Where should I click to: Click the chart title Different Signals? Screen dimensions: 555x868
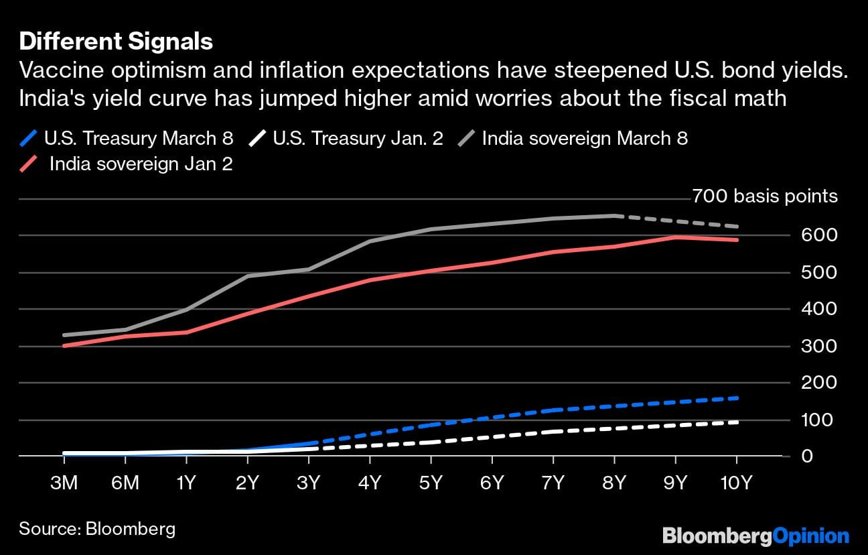[x=116, y=42]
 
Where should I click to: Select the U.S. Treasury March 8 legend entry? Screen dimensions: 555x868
[x=127, y=139]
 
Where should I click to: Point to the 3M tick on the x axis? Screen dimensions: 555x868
[x=64, y=483]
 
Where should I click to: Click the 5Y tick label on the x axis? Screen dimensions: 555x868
[x=431, y=483]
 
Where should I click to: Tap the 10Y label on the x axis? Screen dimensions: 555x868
[x=737, y=483]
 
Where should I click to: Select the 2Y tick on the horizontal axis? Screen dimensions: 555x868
[x=247, y=483]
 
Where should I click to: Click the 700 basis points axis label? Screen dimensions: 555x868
[x=764, y=196]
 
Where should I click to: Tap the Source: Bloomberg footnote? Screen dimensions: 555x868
[x=97, y=528]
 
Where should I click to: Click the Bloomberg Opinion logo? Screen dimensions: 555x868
[x=755, y=536]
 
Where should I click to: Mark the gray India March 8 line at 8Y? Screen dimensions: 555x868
[x=614, y=216]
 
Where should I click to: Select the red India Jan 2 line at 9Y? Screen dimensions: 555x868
[x=675, y=237]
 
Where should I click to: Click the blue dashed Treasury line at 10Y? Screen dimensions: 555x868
[x=737, y=398]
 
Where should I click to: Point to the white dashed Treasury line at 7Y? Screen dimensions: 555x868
[x=553, y=432]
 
